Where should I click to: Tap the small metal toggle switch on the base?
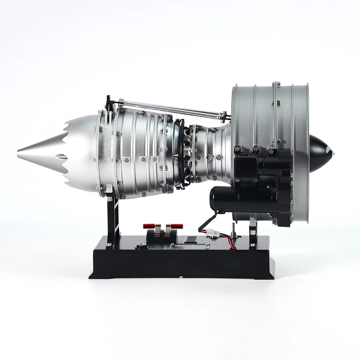[x=233, y=228]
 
